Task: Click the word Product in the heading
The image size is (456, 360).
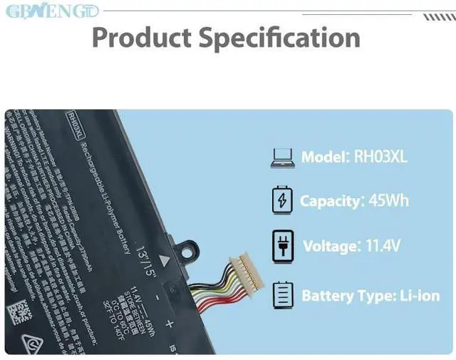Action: [140, 37]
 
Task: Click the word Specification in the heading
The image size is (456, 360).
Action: [279, 38]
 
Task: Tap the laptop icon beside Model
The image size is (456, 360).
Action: [282, 158]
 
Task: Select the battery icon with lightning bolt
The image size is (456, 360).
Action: [282, 200]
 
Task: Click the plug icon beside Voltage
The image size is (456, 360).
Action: [282, 247]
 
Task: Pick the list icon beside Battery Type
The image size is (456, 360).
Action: [282, 294]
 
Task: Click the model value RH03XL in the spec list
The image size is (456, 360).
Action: [380, 157]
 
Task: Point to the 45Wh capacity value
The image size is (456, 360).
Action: [388, 200]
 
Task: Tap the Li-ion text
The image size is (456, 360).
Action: [420, 294]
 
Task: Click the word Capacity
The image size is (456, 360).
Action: [330, 200]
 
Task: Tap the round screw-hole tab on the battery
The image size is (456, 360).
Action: [187, 252]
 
